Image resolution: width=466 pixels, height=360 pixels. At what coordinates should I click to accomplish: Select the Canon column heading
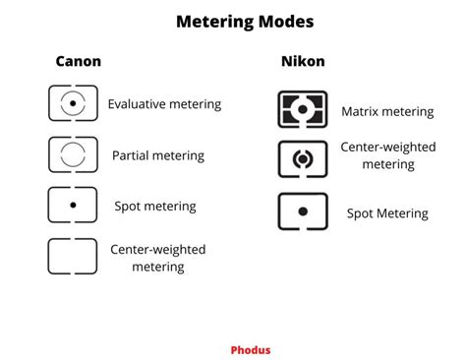(x=78, y=62)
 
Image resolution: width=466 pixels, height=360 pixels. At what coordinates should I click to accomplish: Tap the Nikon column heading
(x=302, y=62)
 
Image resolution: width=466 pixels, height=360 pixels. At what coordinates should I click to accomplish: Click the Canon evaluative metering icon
(x=73, y=102)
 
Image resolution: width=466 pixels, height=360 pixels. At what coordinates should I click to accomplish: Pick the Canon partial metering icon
(x=73, y=154)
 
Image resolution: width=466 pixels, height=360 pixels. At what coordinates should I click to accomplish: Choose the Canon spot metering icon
(x=73, y=206)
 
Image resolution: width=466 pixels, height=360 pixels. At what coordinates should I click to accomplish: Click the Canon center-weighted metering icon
(x=73, y=256)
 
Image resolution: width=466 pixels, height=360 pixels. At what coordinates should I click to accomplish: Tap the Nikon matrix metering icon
(x=303, y=109)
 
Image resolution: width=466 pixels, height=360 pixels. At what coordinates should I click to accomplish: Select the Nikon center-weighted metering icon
(x=303, y=158)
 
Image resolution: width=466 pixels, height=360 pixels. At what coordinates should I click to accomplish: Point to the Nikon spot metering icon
(x=303, y=210)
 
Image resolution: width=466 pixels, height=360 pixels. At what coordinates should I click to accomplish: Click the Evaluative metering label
(x=164, y=103)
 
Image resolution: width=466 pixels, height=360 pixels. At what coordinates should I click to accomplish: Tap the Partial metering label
(x=157, y=155)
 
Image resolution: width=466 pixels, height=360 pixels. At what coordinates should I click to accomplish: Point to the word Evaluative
(x=137, y=103)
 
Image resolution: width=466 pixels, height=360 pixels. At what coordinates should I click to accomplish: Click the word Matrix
(x=360, y=112)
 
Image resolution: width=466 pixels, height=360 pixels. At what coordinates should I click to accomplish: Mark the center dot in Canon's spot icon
(x=73, y=207)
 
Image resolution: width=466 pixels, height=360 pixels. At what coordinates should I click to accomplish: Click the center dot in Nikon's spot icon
(x=303, y=210)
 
